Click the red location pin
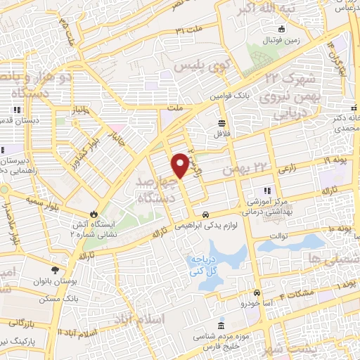(x=181, y=165)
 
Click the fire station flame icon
(x=94, y=214)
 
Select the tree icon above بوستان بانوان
(x=55, y=269)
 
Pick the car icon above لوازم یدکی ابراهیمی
(x=205, y=214)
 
